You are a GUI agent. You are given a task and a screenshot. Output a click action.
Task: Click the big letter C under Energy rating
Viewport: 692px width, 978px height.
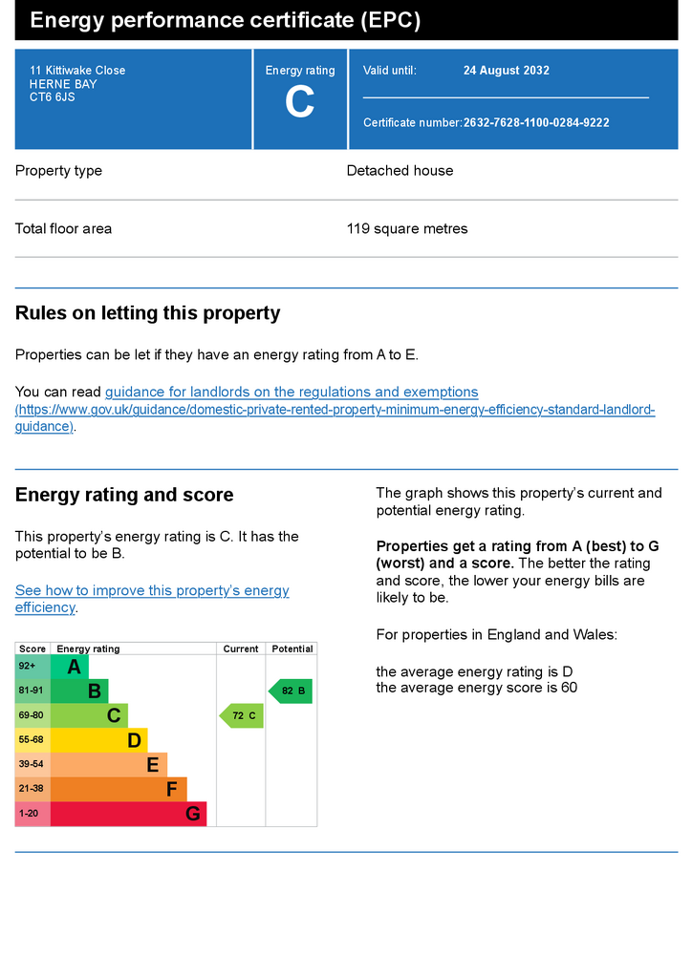coord(299,101)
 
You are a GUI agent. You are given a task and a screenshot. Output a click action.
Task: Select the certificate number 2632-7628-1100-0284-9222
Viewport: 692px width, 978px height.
coord(536,123)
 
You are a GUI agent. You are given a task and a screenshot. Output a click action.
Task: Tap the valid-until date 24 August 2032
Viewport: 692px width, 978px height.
coord(506,71)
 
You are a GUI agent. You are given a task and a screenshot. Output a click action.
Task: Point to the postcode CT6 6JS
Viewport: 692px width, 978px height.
coord(52,97)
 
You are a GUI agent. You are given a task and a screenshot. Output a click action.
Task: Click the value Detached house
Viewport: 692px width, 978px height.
coord(400,170)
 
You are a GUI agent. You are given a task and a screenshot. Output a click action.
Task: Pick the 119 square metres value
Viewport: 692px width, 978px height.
coord(407,228)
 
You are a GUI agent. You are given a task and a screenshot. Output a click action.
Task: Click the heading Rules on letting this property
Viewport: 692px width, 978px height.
coord(148,312)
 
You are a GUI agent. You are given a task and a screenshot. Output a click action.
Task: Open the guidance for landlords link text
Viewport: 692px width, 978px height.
coord(292,392)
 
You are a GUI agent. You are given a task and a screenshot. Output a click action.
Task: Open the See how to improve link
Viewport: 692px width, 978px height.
coord(152,598)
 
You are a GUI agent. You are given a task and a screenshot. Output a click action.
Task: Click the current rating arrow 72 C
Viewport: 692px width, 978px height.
coord(242,715)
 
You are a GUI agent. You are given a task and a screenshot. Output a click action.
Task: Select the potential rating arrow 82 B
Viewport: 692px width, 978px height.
coord(291,691)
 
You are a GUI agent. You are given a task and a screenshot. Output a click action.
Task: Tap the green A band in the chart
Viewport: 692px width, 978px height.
coord(69,667)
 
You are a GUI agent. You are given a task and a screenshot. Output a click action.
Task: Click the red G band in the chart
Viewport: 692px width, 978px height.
coord(128,814)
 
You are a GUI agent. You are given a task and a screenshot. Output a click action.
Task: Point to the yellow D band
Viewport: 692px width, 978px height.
coord(98,740)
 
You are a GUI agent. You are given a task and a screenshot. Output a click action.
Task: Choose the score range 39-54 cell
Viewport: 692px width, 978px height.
coord(32,765)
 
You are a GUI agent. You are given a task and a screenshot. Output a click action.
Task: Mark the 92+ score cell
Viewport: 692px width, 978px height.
coord(32,667)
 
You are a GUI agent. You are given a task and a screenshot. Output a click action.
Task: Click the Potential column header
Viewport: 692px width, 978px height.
coord(292,648)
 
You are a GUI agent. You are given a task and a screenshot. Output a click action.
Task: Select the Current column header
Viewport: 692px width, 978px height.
coord(241,648)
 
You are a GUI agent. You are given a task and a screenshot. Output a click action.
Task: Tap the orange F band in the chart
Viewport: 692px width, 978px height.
coord(119,789)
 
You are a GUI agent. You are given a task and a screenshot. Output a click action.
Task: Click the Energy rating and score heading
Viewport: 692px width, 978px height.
coord(124,495)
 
